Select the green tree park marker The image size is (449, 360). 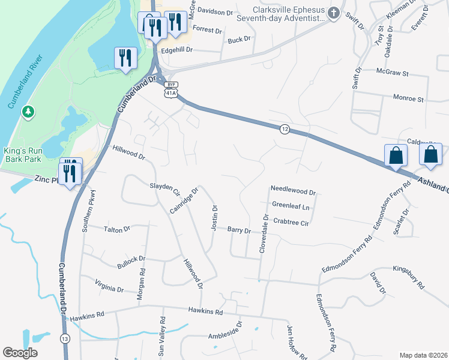[27, 112]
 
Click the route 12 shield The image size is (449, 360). [285, 129]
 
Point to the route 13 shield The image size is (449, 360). [64, 340]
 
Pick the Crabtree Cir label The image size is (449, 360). [291, 222]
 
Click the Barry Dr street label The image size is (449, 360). [238, 230]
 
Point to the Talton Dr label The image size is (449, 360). [116, 229]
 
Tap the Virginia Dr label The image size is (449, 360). [109, 285]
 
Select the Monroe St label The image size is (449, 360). [408, 98]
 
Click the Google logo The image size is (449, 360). [20, 353]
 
